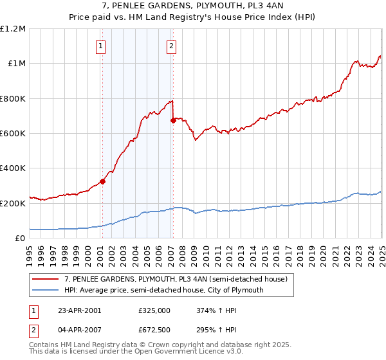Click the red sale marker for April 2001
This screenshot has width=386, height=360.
point(102,181)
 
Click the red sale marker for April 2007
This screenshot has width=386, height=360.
point(173,120)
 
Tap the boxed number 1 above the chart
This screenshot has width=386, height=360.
point(102,46)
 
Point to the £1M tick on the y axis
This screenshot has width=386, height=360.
point(17,64)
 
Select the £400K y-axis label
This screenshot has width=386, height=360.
point(13,168)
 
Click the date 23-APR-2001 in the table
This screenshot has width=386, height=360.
point(78,310)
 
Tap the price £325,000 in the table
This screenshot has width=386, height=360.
point(154,310)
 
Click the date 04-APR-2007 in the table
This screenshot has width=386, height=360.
point(78,330)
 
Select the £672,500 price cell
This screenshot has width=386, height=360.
point(154,330)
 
